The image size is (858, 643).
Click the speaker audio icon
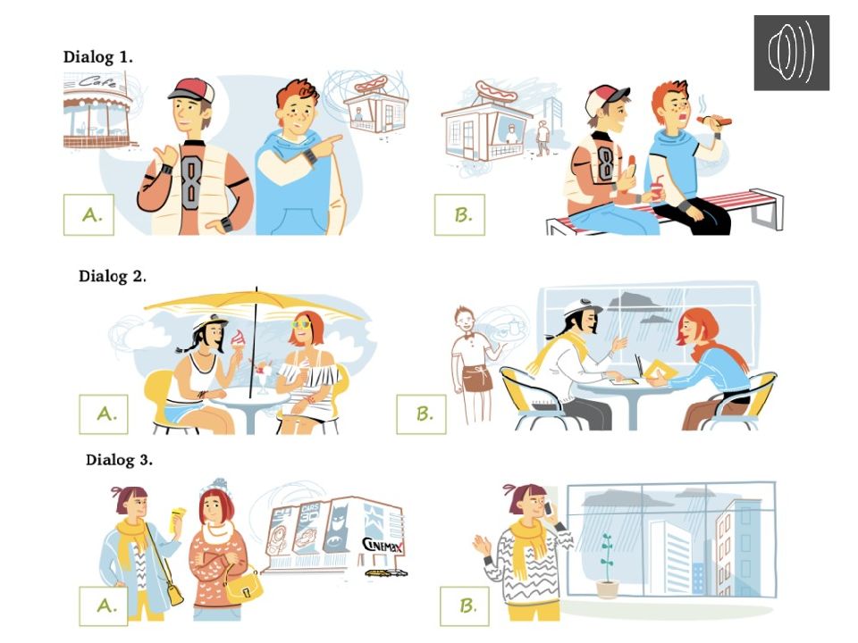791,53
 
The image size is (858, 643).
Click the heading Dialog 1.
98,57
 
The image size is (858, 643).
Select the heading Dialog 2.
113,276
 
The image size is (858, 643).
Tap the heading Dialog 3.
119,460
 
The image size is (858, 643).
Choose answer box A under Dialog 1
88,215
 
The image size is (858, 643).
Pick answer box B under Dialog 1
459,215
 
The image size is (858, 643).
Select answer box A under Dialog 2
104,413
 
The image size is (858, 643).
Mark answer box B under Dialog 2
421,413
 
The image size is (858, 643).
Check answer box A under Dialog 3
104,605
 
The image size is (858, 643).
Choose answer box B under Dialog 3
465,605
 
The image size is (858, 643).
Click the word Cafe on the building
97,82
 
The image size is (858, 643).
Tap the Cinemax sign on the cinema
383,545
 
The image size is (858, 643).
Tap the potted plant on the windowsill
607,566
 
